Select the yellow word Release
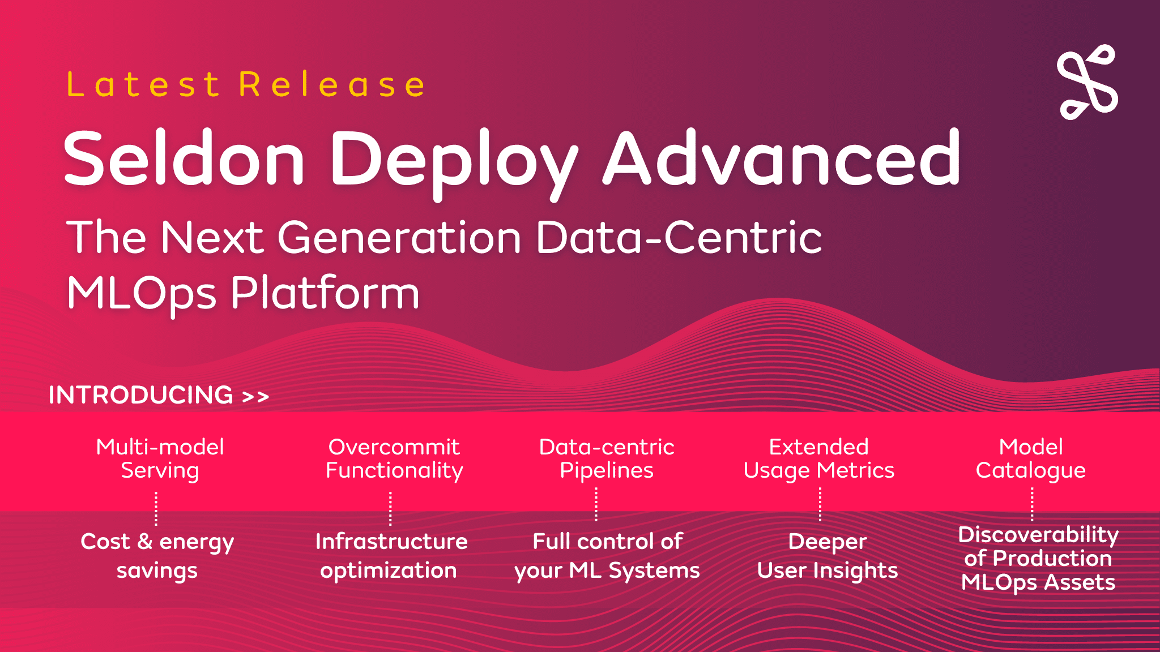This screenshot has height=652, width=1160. (331, 85)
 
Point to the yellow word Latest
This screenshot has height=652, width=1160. (143, 85)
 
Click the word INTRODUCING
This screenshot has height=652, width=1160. (141, 395)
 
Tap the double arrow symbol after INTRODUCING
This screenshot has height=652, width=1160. (255, 397)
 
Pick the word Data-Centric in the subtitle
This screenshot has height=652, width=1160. (679, 237)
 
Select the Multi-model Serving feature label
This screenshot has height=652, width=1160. (160, 459)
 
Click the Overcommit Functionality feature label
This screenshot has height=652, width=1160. (394, 459)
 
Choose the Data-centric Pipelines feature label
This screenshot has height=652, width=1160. (607, 459)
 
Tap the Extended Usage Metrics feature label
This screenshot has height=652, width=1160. (819, 459)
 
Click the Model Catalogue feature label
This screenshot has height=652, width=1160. (1031, 459)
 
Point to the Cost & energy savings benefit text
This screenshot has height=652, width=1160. (157, 556)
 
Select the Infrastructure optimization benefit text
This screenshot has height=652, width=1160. (391, 556)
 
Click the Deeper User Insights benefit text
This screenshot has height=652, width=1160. (828, 556)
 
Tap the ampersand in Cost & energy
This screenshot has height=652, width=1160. (145, 542)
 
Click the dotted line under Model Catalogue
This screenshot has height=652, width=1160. (1032, 504)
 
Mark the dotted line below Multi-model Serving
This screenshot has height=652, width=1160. (156, 508)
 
